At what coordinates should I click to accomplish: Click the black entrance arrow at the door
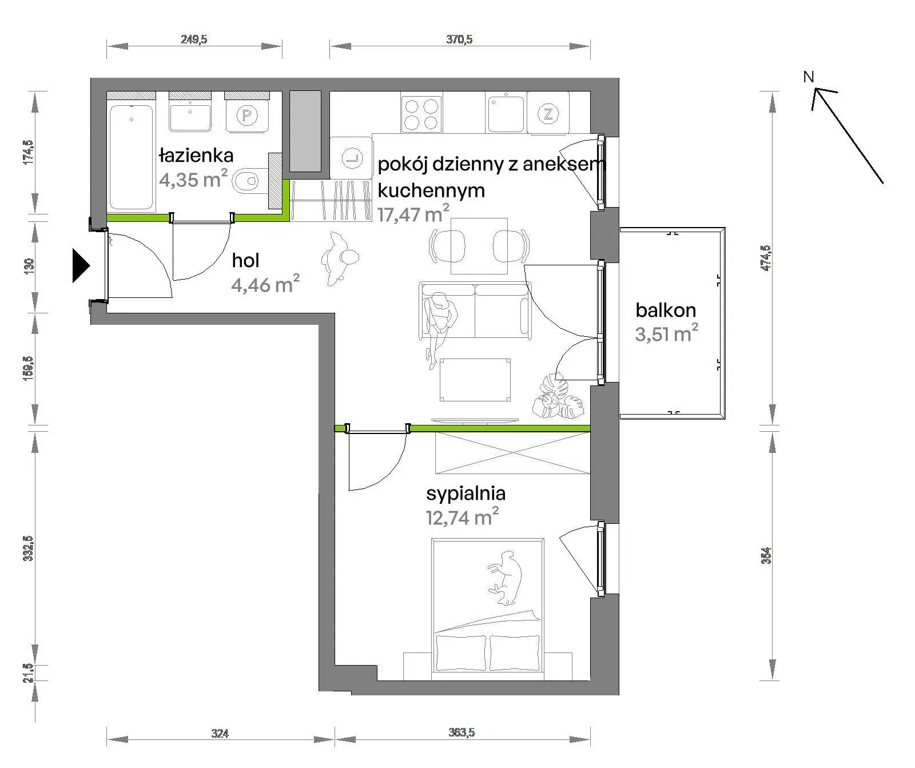(x=81, y=265)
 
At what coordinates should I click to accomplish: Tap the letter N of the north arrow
(x=808, y=77)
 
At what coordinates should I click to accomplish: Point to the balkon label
(x=666, y=310)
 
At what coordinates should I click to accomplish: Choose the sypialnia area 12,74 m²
(x=462, y=517)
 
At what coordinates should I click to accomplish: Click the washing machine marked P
(x=247, y=116)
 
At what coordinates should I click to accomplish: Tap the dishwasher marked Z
(x=548, y=114)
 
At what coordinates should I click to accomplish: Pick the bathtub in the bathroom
(x=132, y=157)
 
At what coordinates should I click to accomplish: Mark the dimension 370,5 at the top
(x=459, y=39)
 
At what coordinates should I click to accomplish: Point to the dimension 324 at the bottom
(x=220, y=733)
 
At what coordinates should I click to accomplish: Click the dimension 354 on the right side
(x=766, y=555)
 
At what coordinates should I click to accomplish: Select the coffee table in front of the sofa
(x=475, y=380)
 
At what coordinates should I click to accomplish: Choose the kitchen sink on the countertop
(x=505, y=113)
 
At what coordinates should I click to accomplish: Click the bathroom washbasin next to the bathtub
(x=190, y=117)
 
